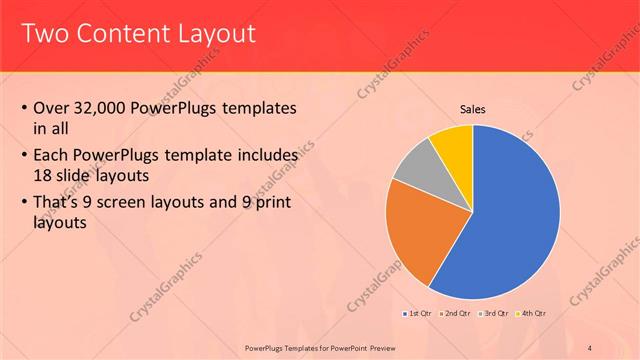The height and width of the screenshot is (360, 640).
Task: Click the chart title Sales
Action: click(473, 108)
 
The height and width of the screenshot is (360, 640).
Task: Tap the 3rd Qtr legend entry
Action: click(496, 314)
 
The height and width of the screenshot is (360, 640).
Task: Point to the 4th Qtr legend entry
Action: click(533, 314)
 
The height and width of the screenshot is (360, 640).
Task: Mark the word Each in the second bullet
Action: click(50, 157)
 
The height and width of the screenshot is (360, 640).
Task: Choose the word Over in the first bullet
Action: click(51, 108)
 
